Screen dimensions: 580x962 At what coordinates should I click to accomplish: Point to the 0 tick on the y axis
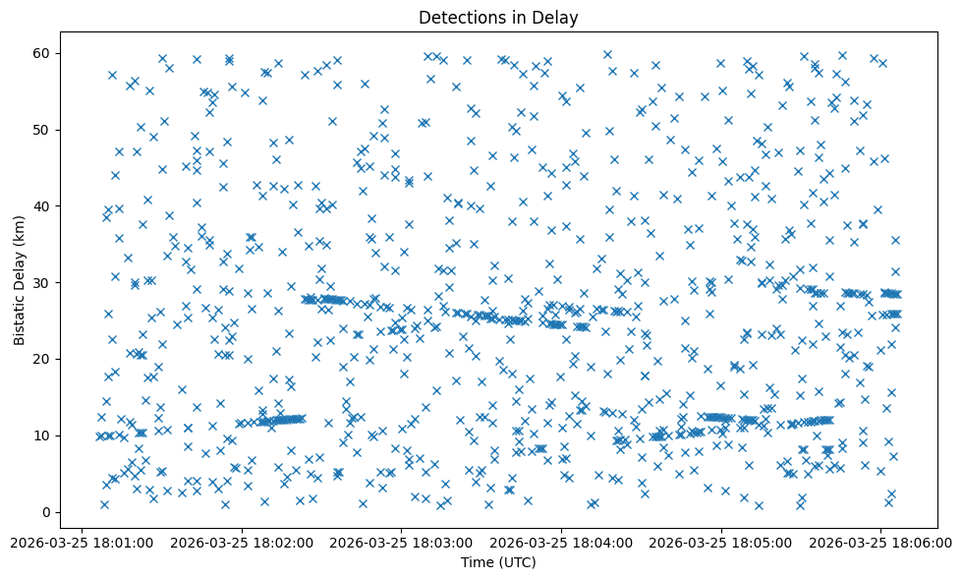click(46, 512)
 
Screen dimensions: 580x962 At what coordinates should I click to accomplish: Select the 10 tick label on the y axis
click(42, 435)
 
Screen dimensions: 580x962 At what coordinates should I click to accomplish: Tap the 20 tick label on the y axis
click(42, 359)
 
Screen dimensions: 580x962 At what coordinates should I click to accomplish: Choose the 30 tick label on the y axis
click(42, 282)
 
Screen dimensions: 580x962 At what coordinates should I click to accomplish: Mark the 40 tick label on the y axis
click(42, 205)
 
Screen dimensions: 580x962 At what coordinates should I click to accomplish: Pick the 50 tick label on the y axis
click(42, 130)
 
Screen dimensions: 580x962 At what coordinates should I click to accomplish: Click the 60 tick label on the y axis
click(42, 53)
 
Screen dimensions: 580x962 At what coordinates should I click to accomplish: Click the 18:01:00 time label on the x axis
click(82, 542)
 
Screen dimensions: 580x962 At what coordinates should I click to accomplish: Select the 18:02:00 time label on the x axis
click(242, 542)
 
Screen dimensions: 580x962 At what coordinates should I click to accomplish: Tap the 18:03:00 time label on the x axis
click(402, 542)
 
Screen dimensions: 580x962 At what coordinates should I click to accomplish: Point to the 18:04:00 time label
click(562, 542)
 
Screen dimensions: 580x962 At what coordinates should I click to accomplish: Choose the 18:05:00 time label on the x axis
click(722, 542)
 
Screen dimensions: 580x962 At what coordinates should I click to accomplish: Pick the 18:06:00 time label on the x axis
click(881, 542)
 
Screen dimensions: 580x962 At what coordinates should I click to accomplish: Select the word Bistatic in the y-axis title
click(20, 316)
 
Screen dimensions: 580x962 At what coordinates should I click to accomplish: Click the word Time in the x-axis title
click(479, 562)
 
